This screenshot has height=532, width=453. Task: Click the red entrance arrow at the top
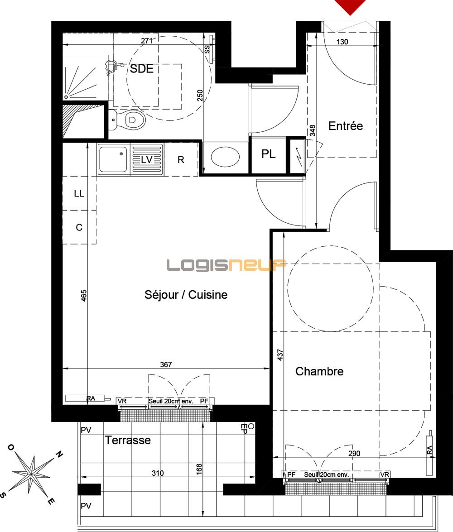[x=350, y=6]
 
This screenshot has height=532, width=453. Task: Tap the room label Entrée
[x=346, y=126]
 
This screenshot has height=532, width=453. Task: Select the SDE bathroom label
[x=141, y=69]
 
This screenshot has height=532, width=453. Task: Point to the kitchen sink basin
[x=113, y=159]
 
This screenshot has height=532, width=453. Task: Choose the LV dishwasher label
[x=146, y=159]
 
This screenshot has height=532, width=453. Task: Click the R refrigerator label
[x=181, y=159]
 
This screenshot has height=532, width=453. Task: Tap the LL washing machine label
[x=79, y=193]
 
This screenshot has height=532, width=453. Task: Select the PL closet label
[x=268, y=154]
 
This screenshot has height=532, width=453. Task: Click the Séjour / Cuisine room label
[x=186, y=295]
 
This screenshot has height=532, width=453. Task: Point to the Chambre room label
[x=319, y=371]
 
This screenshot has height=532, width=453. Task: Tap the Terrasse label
[x=128, y=440]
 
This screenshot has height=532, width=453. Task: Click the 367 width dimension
[x=166, y=364]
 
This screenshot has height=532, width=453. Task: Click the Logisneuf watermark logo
[x=226, y=265]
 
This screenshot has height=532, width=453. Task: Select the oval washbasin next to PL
[x=225, y=157]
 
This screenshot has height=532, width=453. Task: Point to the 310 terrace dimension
[x=157, y=473]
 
